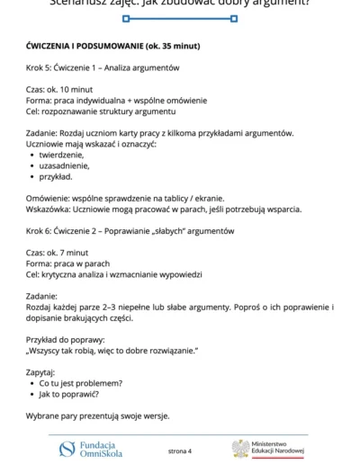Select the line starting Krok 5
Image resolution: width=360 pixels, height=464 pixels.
[x=103, y=68]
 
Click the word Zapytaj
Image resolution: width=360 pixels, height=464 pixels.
[x=40, y=371]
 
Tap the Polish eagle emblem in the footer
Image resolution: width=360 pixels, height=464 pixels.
[x=240, y=448]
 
